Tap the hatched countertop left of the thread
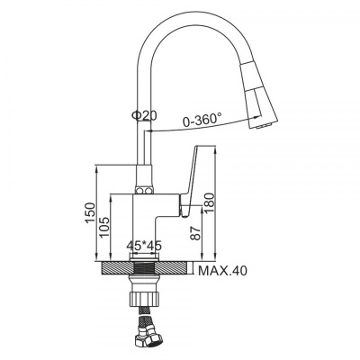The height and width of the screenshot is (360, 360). click(x=114, y=268)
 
